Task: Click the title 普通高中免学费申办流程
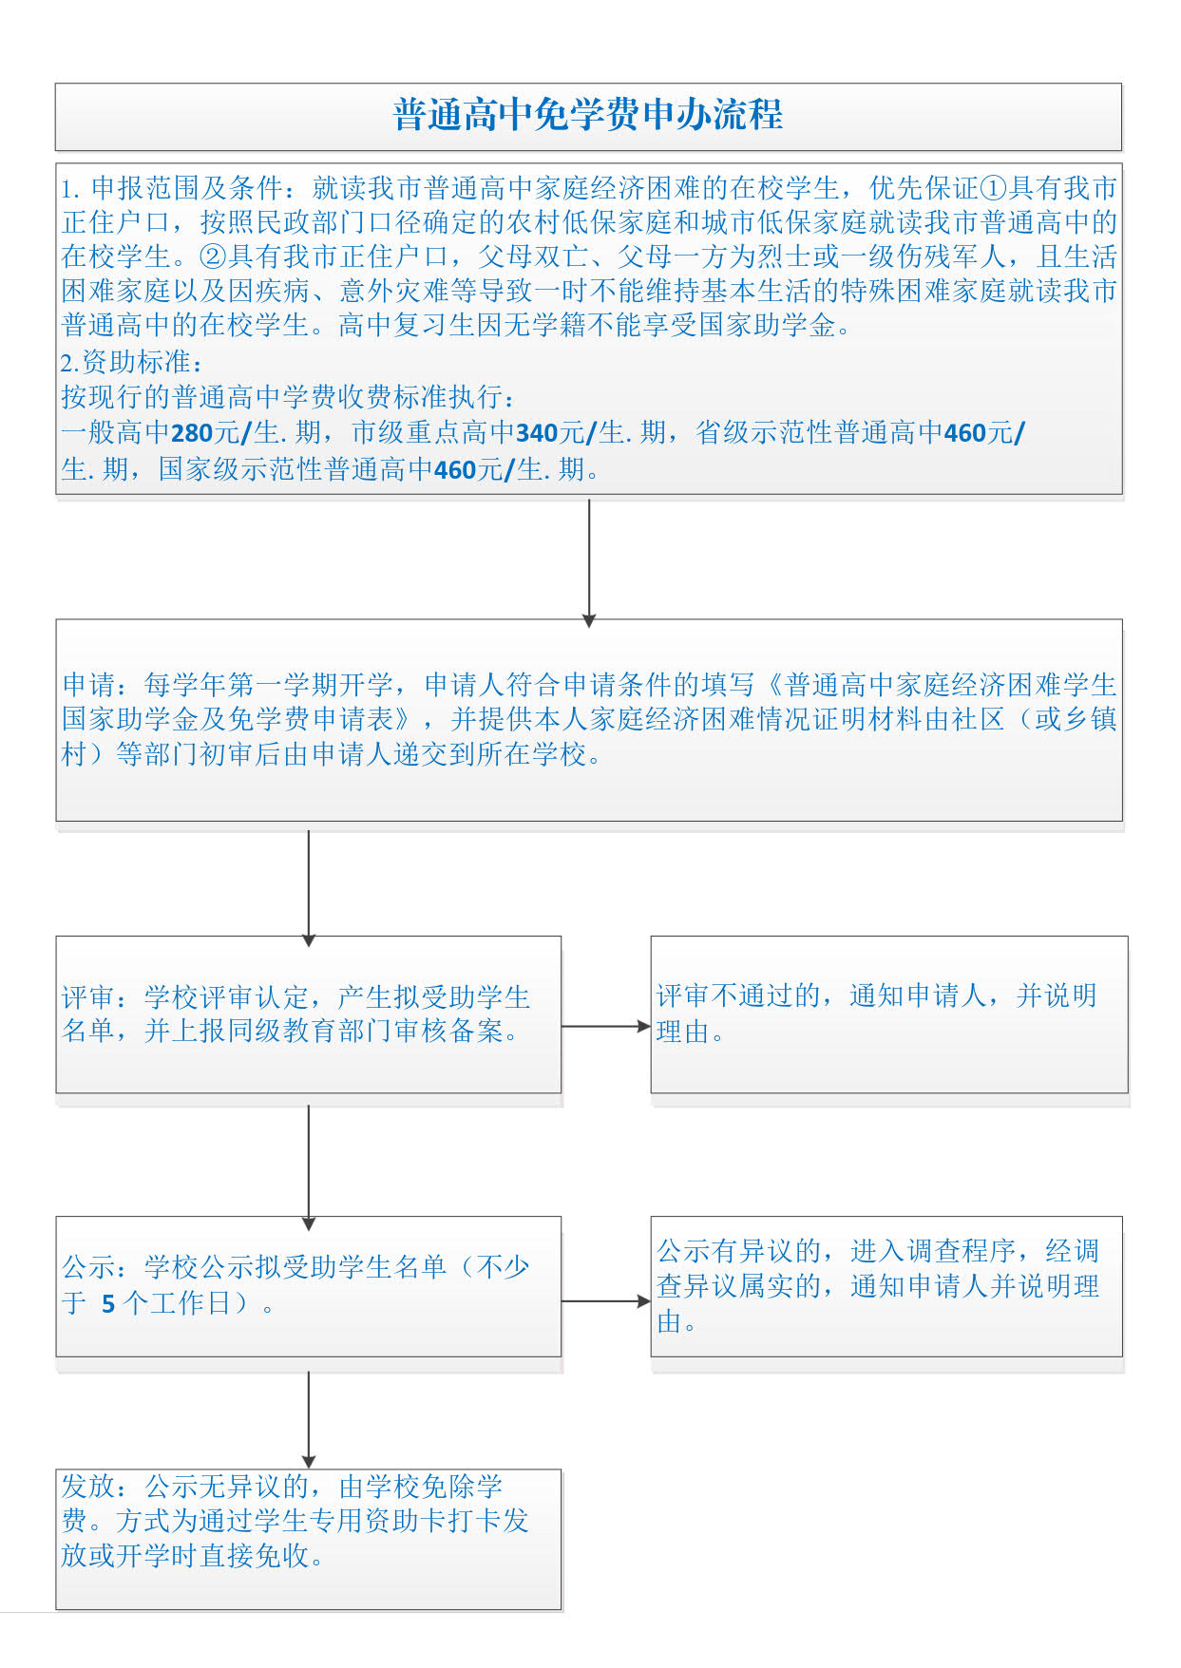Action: [x=588, y=115]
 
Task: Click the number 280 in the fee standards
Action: [x=192, y=433]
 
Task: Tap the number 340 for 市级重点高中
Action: [x=537, y=433]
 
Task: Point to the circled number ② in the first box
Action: [x=213, y=256]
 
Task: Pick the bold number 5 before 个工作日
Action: [x=108, y=1304]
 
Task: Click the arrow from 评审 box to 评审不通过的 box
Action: [x=606, y=1026]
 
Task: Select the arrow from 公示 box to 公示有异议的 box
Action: [x=606, y=1301]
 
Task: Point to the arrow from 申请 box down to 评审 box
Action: [x=309, y=888]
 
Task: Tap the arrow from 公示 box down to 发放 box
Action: [x=309, y=1419]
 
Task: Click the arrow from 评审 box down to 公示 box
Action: [x=309, y=1167]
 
